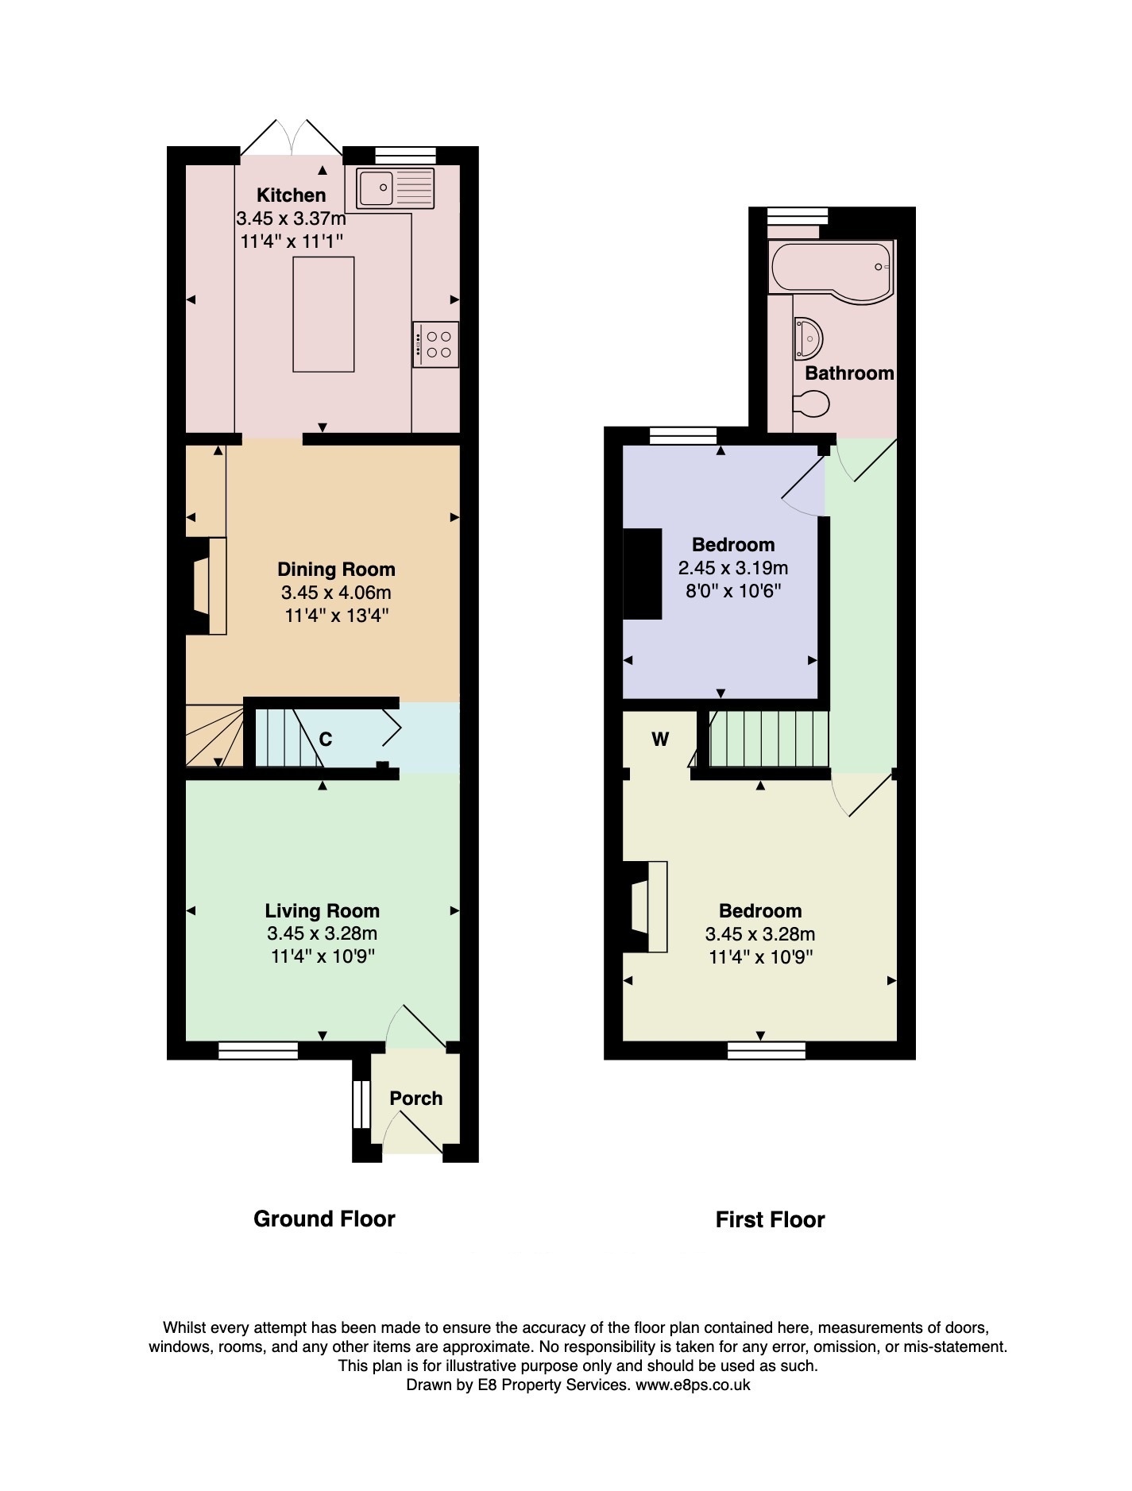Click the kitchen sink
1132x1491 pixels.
pos(396,188)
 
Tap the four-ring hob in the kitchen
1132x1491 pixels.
pos(436,344)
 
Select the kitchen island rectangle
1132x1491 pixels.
pos(323,314)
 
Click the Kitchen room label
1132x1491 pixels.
pos(292,195)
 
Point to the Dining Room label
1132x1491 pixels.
pos(336,569)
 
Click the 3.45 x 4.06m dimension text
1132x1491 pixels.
pos(336,593)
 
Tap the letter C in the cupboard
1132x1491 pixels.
pos(326,740)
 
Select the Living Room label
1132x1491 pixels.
pos(323,910)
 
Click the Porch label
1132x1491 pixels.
pos(416,1098)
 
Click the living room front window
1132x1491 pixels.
pos(258,1050)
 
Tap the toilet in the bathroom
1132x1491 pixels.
pos(811,404)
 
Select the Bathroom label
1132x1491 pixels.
pos(850,373)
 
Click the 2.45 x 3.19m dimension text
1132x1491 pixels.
pos(733,568)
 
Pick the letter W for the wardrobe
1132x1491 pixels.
pos(660,740)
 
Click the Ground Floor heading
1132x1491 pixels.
pos(324,1219)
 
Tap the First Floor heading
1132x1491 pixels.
pos(771,1219)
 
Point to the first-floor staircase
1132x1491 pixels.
pos(762,740)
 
